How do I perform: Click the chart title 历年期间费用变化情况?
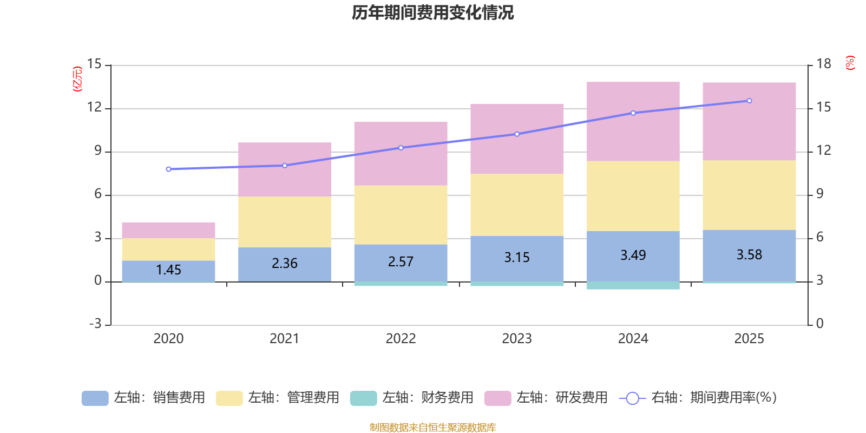pyautogui.click(x=432, y=12)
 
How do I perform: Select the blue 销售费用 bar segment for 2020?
pyautogui.click(x=168, y=271)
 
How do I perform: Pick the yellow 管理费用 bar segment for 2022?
pyautogui.click(x=401, y=215)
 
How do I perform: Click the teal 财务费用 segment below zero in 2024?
pyautogui.click(x=633, y=285)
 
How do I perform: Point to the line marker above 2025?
pyautogui.click(x=749, y=101)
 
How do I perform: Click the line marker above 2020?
pyautogui.click(x=168, y=169)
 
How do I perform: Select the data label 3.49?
pyautogui.click(x=633, y=255)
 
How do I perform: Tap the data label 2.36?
pyautogui.click(x=285, y=263)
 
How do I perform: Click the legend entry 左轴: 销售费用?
pyautogui.click(x=143, y=398)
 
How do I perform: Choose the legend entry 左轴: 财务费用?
pyautogui.click(x=412, y=398)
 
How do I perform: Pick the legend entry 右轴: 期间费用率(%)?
pyautogui.click(x=698, y=398)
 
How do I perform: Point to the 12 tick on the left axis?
pyautogui.click(x=94, y=107)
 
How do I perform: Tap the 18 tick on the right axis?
pyautogui.click(x=823, y=64)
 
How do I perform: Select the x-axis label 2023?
pyautogui.click(x=517, y=339)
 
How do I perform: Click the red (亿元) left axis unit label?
pyautogui.click(x=77, y=79)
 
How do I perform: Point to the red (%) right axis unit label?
pyautogui.click(x=850, y=63)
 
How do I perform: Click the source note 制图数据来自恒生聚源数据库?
pyautogui.click(x=432, y=428)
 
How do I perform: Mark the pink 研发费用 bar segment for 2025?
pyautogui.click(x=749, y=121)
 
